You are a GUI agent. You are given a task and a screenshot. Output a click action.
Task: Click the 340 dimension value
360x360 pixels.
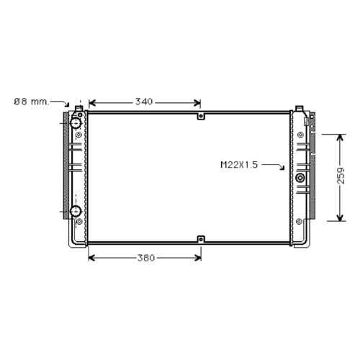point(144,102)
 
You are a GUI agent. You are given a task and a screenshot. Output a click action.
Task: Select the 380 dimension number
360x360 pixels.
point(146,258)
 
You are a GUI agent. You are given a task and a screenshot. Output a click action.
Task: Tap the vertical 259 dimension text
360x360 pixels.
point(341,176)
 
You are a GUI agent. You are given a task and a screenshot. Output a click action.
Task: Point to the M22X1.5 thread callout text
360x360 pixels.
point(239,165)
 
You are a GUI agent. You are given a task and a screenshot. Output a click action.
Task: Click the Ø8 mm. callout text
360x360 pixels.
point(31,102)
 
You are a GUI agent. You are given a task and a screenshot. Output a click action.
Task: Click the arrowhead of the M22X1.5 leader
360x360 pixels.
point(282,168)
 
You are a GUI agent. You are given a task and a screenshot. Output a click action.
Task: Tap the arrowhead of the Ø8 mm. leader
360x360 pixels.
point(67,105)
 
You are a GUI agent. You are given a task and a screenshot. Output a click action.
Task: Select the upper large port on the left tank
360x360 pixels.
point(76,123)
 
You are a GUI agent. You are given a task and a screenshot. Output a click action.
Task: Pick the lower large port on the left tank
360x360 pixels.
point(76,211)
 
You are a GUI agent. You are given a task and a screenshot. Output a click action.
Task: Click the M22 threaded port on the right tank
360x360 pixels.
point(300,178)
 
